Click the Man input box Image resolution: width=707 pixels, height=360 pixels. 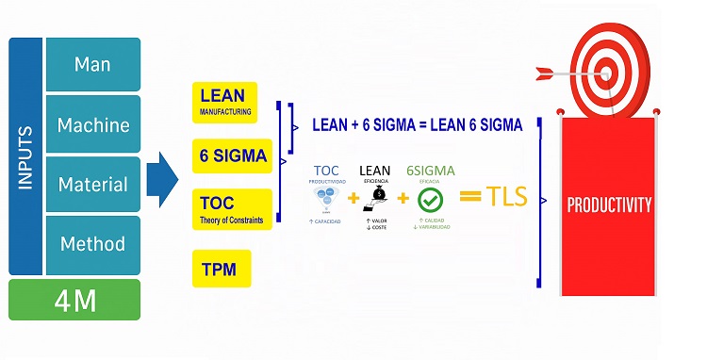click(92, 65)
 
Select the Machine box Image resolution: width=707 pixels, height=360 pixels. click(92, 124)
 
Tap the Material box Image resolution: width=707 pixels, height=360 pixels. click(92, 184)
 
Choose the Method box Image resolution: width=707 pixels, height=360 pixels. click(92, 244)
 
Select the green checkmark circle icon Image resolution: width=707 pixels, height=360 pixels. click(430, 200)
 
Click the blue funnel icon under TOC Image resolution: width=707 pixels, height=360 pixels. click(326, 200)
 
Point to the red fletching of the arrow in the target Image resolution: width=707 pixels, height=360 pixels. click(544, 73)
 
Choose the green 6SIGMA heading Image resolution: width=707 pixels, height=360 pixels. click(430, 171)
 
